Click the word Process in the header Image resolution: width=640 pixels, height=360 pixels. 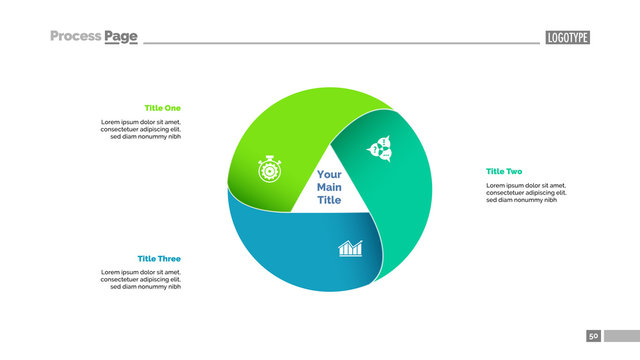coord(75,37)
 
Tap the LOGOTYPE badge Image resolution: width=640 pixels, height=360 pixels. coord(567,37)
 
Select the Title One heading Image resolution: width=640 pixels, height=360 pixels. coord(163,108)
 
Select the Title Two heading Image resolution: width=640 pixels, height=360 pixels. coord(504,171)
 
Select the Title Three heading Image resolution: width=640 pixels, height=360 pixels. coord(159,259)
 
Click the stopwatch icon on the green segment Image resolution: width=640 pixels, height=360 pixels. coord(269,169)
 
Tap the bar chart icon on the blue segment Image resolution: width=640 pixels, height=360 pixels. coord(350,247)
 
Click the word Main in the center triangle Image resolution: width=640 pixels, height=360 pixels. coord(329,187)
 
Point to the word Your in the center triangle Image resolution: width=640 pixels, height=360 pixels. coord(329,175)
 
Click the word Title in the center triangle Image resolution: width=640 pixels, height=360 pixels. coord(329,200)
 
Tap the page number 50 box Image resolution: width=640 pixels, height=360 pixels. coord(593,336)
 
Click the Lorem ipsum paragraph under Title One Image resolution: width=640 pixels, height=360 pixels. coord(141,129)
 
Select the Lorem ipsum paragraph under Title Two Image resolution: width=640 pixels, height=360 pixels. coord(526,193)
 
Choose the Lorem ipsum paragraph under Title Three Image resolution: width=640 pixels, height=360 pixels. coord(141,279)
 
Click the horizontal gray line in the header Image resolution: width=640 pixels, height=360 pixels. coord(340,43)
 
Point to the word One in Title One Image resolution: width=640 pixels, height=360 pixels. coord(173,108)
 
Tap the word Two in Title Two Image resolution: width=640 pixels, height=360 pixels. coord(513,171)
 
